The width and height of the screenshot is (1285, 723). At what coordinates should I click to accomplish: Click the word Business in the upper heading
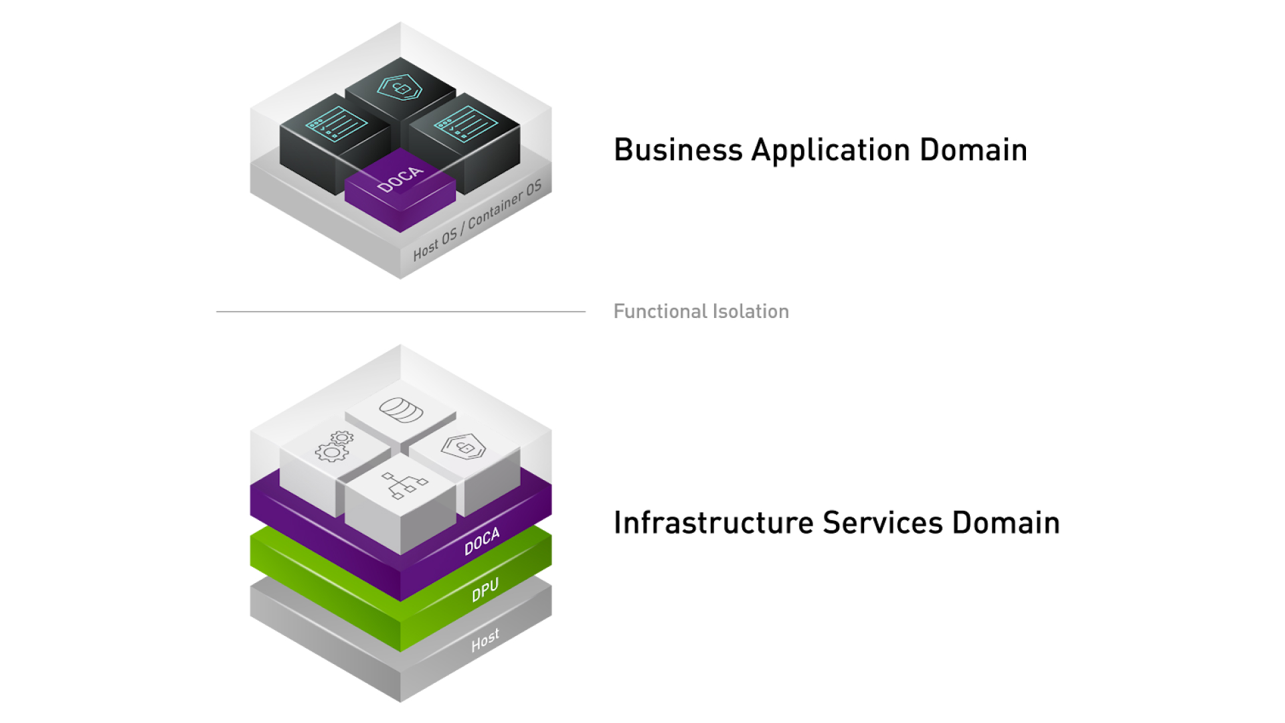click(x=677, y=150)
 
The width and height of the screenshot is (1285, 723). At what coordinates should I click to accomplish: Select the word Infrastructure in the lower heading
click(x=713, y=523)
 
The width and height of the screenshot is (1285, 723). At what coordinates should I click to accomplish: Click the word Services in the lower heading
click(x=882, y=523)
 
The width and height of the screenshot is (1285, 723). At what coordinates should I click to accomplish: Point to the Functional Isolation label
click(x=701, y=311)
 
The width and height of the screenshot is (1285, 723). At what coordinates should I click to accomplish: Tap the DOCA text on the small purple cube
click(x=400, y=179)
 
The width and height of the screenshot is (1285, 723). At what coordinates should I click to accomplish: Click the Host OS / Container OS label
click(x=477, y=220)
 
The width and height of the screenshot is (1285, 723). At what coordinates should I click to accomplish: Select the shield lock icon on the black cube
click(x=400, y=88)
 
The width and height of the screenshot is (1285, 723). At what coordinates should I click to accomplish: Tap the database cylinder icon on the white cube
click(x=401, y=410)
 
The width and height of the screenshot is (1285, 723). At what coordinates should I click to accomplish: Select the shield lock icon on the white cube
click(x=463, y=447)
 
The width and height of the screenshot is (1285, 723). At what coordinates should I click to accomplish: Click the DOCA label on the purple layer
click(x=482, y=541)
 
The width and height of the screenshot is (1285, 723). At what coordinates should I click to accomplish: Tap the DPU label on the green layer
click(x=485, y=590)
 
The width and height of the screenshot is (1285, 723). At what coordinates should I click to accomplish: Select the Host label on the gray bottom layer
click(x=485, y=640)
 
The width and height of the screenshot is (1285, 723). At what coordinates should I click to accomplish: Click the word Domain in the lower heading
click(x=1006, y=523)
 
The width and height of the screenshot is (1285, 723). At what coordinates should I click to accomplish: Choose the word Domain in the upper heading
click(x=973, y=150)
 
